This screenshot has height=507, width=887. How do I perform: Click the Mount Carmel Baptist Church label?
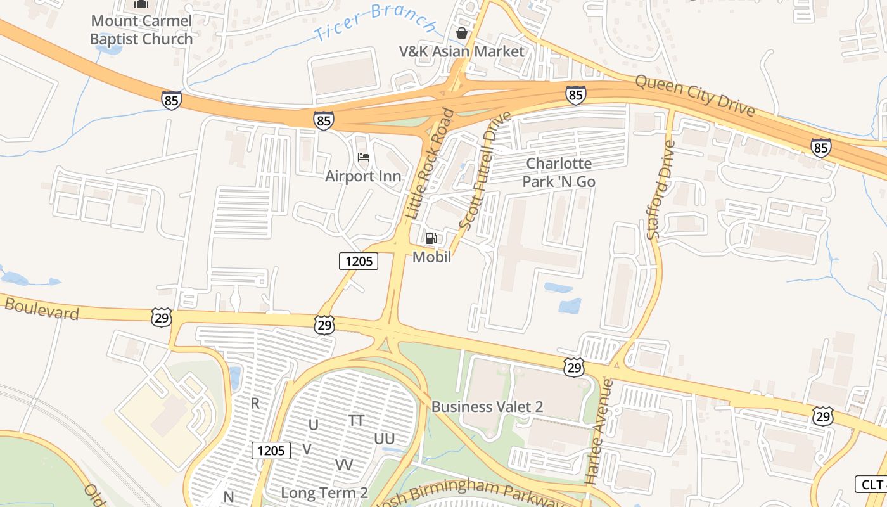point(141,30)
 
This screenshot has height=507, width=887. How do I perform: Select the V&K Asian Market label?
point(462,51)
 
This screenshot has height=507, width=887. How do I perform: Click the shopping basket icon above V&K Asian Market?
point(462,33)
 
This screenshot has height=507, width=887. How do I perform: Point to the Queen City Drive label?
point(694,96)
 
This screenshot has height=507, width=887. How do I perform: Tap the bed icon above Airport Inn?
point(364,157)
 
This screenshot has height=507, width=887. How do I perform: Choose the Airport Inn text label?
point(363,176)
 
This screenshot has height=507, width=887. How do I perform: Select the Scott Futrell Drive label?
point(485,172)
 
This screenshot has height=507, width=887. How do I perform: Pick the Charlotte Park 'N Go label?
point(559,172)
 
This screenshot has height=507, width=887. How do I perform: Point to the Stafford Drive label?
point(661,189)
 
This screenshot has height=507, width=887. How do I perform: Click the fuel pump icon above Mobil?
point(431,238)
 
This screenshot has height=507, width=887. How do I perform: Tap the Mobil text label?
point(431,257)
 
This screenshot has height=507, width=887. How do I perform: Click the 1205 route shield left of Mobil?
point(359,260)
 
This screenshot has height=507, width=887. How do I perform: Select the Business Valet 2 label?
point(487,407)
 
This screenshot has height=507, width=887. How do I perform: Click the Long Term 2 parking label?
point(324,492)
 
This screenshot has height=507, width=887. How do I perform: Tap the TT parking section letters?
point(356,420)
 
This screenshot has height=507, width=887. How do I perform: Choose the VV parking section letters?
point(343,465)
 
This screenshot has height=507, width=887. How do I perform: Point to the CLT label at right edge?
point(872,485)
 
